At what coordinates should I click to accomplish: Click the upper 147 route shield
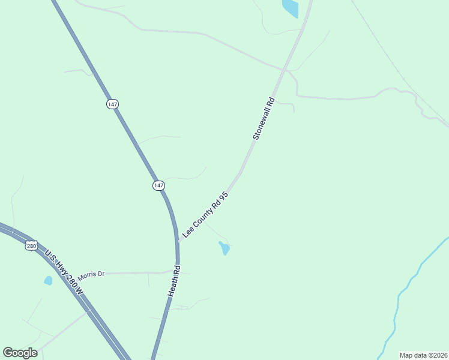(112, 104)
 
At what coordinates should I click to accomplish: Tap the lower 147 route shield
(158, 186)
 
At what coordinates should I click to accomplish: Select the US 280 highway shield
(32, 245)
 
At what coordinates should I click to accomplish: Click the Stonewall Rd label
(264, 119)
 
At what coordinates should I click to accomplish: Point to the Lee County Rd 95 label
(205, 214)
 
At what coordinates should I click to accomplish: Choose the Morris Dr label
(91, 274)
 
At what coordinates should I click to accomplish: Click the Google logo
(20, 353)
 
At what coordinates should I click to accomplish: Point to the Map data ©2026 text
(423, 355)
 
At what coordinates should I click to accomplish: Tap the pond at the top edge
(291, 8)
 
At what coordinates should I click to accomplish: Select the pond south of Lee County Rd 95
(224, 248)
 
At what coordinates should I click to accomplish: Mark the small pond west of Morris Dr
(48, 280)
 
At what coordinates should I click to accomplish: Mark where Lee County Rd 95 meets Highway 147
(178, 242)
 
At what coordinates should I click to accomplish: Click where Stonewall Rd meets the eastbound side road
(289, 71)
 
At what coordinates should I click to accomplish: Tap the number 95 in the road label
(224, 196)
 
